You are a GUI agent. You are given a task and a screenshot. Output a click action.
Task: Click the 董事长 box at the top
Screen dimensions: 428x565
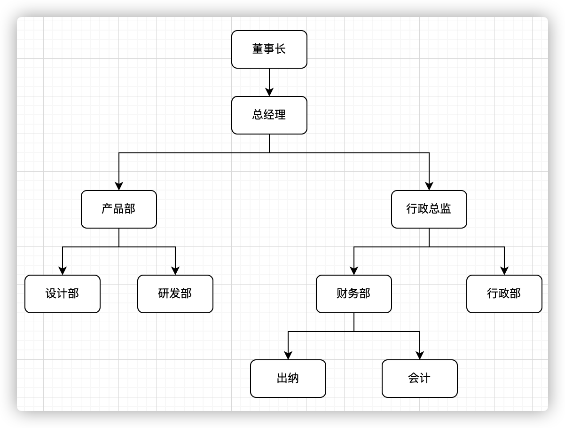[269, 49]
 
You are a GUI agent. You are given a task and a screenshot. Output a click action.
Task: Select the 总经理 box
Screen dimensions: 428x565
[269, 115]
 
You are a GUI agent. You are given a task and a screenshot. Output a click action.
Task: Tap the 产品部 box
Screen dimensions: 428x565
[118, 209]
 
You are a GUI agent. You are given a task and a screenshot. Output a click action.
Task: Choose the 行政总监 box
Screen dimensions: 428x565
[429, 209]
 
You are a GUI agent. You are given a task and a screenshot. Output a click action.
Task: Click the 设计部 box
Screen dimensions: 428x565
[62, 294]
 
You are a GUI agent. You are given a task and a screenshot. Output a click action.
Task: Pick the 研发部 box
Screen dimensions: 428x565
[175, 294]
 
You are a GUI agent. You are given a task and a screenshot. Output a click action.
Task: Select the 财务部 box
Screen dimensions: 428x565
[353, 294]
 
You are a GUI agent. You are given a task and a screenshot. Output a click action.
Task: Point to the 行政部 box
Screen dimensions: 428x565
[504, 294]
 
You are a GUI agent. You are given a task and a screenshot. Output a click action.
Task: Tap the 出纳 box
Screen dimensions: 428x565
[288, 379]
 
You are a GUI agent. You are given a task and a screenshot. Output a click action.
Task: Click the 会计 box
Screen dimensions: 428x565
[419, 379]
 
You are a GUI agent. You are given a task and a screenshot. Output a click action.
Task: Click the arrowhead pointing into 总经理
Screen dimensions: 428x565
[269, 92]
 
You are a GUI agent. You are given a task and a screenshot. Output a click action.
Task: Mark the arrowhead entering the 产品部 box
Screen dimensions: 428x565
[119, 186]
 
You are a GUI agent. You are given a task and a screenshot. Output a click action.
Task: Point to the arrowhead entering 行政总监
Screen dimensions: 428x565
[429, 186]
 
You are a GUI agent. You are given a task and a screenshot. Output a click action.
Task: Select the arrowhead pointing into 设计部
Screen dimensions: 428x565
[63, 271]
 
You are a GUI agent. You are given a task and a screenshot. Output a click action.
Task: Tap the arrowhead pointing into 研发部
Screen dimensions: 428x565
[175, 271]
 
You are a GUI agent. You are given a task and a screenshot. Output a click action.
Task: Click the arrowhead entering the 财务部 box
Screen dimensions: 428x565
[354, 271]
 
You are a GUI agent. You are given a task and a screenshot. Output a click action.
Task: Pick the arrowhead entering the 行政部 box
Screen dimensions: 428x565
[504, 271]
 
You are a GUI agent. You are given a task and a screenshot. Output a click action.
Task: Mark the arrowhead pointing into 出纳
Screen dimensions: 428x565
[288, 356]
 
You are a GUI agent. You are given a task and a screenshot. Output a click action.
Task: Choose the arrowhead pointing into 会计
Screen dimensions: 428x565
[420, 356]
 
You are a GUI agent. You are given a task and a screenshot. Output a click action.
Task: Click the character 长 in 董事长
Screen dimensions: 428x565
[281, 49]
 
